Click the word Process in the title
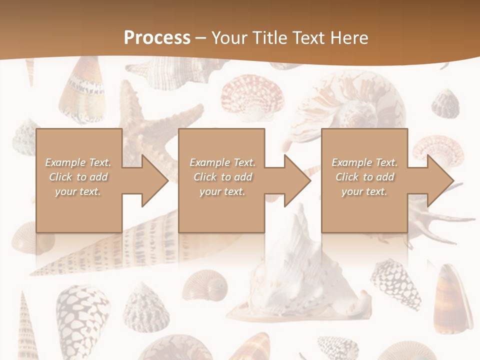point(157,38)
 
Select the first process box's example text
point(78,177)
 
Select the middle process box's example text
point(222,177)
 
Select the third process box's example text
point(364,177)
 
